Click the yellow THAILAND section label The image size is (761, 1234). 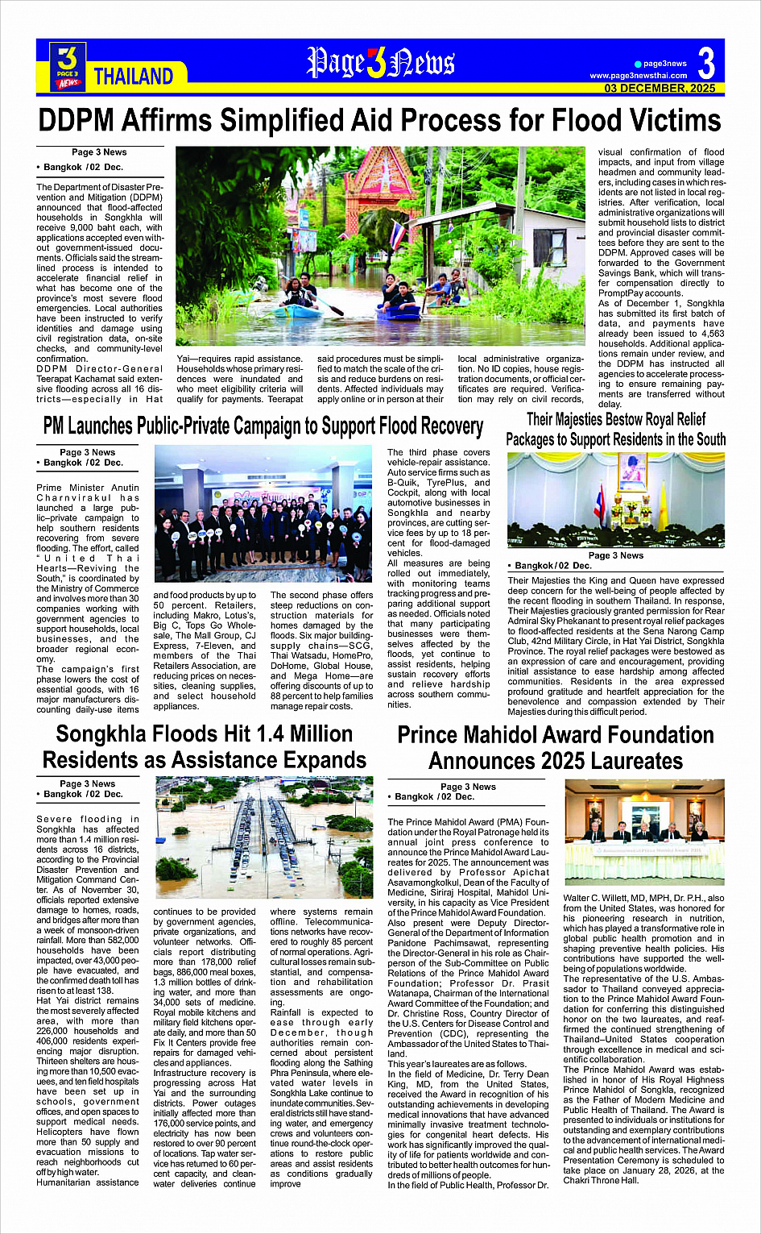point(133,77)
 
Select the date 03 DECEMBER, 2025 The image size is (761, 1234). point(660,88)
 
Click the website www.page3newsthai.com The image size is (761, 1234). point(639,76)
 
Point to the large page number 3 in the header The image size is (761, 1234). point(705,63)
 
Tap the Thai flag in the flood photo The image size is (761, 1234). point(397,234)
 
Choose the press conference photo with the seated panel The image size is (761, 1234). point(644,832)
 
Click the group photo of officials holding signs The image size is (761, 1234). point(263,514)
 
